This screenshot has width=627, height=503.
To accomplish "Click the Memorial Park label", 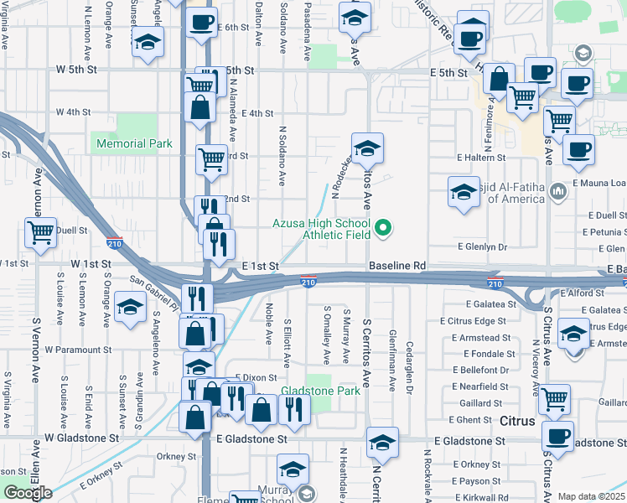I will (134, 144).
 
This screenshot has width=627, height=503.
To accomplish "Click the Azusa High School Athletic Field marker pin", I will (384, 226).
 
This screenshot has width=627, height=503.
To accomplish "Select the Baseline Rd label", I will (397, 266).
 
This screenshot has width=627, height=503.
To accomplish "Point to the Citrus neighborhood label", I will (517, 421).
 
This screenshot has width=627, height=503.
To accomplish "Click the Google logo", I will (28, 493).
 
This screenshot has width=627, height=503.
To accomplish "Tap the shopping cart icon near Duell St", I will (40, 233).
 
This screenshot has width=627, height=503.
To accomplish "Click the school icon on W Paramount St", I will (130, 308).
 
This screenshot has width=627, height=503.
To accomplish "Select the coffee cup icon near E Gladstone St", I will (558, 436).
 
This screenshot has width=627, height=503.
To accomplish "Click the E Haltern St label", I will (481, 158).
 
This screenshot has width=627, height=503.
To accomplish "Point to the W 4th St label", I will (73, 112).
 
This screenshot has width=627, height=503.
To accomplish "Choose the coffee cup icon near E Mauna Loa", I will (578, 149).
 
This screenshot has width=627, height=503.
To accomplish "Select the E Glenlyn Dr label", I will (483, 247).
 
